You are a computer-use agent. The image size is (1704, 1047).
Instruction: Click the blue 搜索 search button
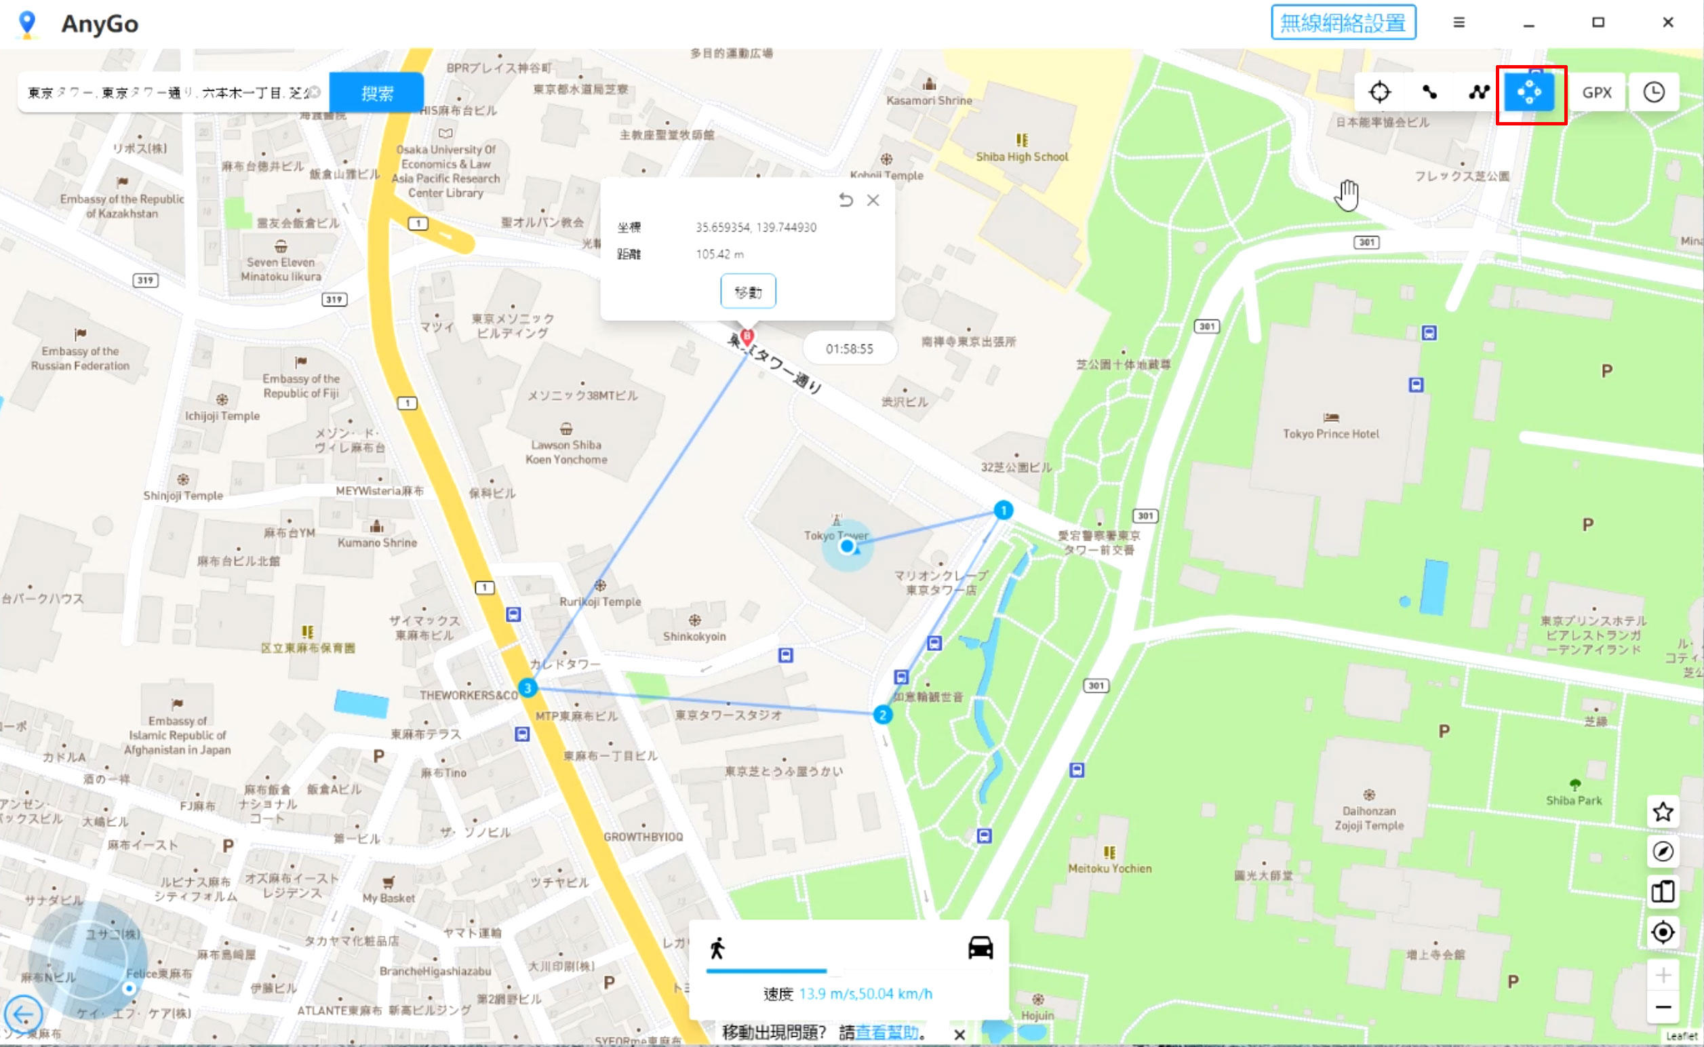[x=376, y=93]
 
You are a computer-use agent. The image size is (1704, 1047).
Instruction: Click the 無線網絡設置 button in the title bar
[x=1343, y=23]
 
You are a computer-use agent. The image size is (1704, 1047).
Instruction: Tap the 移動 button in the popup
[x=748, y=292]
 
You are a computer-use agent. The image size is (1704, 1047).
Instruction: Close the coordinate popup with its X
[x=873, y=201]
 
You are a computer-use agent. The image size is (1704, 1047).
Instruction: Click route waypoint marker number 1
[x=1004, y=511]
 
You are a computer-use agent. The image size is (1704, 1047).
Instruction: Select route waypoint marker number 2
[x=882, y=715]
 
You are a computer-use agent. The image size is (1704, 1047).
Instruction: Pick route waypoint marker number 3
[x=528, y=688]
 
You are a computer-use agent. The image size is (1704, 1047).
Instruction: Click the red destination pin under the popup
[x=747, y=337]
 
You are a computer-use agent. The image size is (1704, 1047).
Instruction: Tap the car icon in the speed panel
[x=980, y=947]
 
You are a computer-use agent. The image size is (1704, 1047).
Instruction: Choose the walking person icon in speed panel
[x=717, y=948]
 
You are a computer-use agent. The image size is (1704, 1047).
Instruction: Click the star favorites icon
[x=1663, y=812]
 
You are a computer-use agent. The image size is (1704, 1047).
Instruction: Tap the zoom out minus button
[x=1663, y=1007]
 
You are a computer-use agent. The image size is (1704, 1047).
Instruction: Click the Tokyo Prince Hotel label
[x=1330, y=434]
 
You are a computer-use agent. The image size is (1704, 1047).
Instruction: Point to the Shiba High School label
[x=1022, y=157]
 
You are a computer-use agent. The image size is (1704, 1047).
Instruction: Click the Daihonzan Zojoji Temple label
[x=1369, y=818]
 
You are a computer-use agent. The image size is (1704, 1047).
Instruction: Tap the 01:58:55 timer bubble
[x=850, y=349]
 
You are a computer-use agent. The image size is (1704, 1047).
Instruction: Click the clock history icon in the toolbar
[x=1653, y=92]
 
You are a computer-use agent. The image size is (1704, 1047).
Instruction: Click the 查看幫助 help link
[x=887, y=1033]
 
